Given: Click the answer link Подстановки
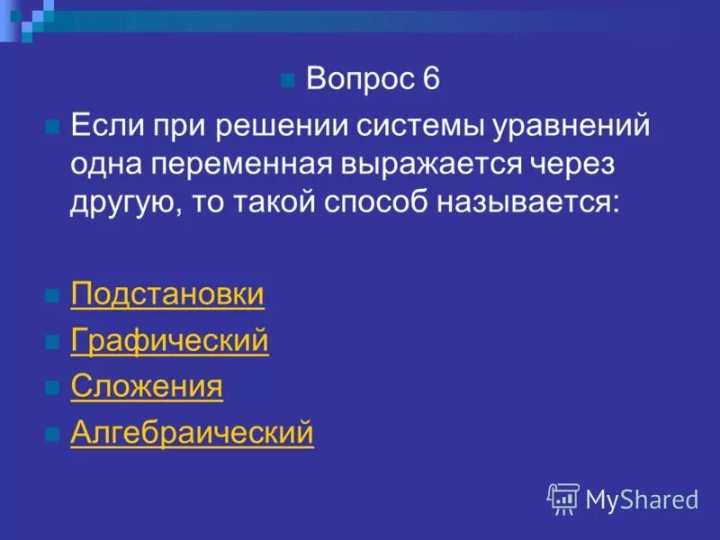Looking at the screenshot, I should [167, 294].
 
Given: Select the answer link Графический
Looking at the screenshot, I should [169, 341].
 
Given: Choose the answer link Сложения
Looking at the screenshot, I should [147, 387].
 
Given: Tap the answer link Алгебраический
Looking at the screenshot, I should [192, 433].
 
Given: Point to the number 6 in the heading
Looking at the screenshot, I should [429, 79].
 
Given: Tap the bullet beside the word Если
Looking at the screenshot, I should [52, 126].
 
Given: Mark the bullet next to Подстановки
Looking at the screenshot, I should [52, 296].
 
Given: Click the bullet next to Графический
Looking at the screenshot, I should [52, 343].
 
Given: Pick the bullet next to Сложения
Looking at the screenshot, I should [52, 389].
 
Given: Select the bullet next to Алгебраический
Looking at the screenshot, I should [52, 435].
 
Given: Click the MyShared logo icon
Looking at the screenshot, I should [562, 498].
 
